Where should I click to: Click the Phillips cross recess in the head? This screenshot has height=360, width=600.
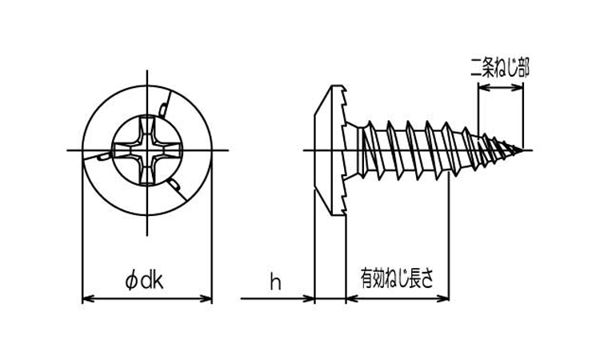coord(148,150)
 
